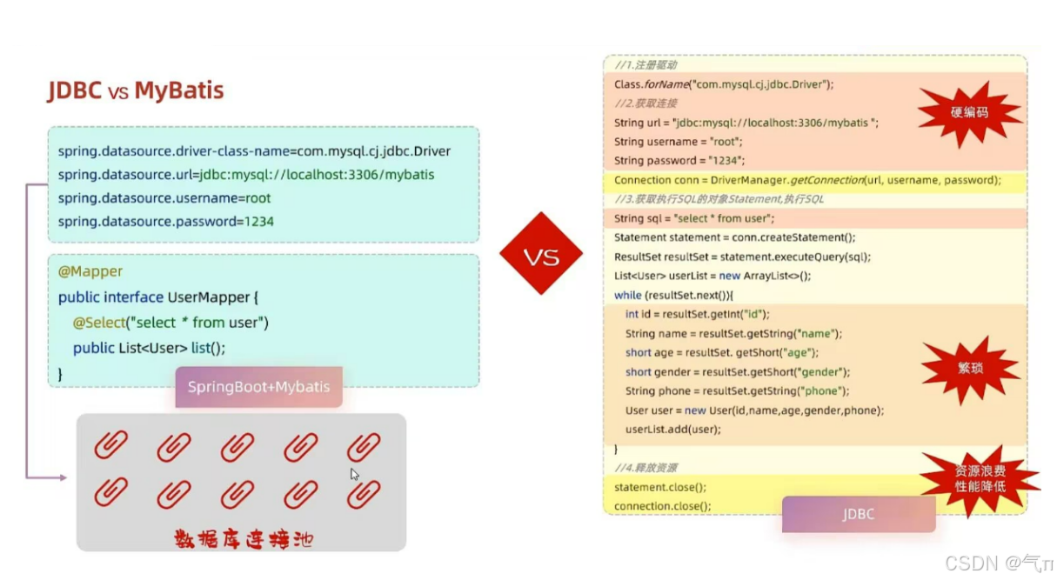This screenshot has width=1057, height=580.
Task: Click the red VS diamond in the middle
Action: tap(540, 254)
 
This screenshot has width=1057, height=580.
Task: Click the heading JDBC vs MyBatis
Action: tap(136, 90)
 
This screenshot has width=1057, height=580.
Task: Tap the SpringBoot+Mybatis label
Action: tap(258, 387)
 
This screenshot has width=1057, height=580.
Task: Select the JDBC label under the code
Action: tap(858, 514)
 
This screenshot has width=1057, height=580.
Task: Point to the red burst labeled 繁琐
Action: tap(970, 367)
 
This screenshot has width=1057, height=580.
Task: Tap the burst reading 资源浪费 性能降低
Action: tap(980, 478)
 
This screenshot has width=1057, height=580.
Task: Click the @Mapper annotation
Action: tap(90, 271)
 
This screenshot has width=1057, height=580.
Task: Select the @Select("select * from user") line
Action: tap(171, 323)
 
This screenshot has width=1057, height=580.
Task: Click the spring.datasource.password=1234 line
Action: tap(166, 222)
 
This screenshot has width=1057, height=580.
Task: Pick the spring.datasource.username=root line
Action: tap(164, 198)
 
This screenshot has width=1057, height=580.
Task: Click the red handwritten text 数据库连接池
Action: tap(244, 539)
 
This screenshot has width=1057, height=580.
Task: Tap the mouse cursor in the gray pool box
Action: tap(354, 474)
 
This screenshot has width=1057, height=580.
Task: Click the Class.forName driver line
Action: tap(724, 84)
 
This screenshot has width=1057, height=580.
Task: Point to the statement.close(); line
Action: tap(660, 487)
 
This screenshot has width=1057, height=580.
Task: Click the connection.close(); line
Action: tap(662, 506)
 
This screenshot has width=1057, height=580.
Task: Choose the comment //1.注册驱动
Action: tap(646, 65)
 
